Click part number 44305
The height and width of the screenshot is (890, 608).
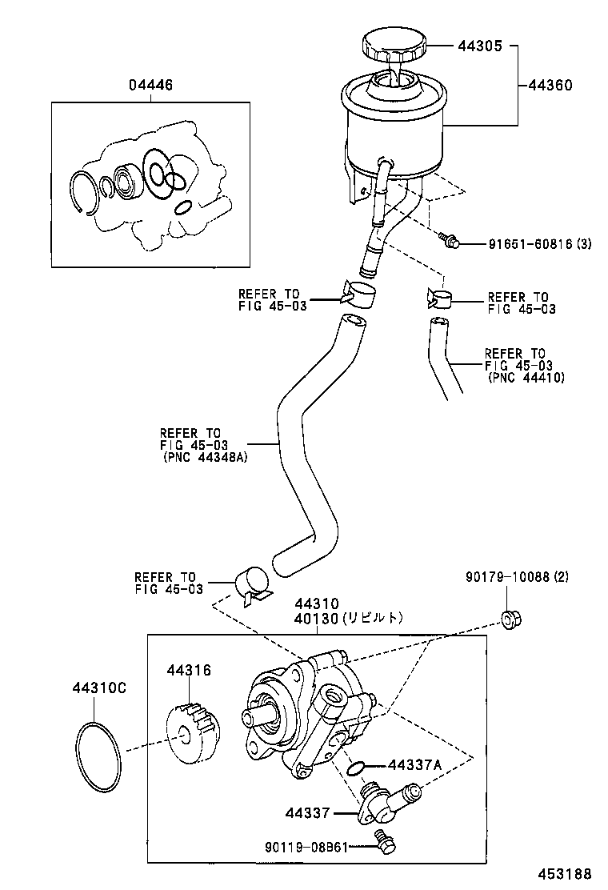tap(480, 46)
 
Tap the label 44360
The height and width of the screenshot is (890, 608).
tap(550, 83)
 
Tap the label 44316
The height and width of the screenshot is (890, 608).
tap(189, 670)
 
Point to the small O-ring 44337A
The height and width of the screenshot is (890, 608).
tap(357, 768)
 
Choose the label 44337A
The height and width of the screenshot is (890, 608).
tap(415, 764)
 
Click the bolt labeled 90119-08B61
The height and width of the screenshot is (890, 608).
tap(386, 840)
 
